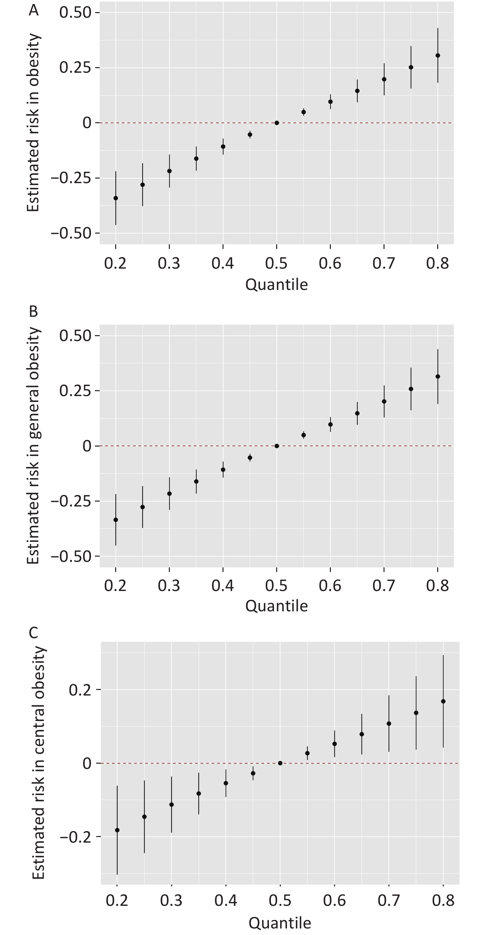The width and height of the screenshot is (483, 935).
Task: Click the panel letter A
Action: coord(33,10)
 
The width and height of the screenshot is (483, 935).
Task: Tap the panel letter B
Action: coord(33,312)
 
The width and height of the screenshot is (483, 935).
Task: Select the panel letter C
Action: coord(33,633)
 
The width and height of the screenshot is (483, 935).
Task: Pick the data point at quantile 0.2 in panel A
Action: coord(116,198)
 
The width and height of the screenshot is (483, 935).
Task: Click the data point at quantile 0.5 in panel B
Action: coord(277,446)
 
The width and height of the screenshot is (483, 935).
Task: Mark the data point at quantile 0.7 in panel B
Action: coord(384,401)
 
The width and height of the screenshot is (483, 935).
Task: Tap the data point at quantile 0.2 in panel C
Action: coord(117,830)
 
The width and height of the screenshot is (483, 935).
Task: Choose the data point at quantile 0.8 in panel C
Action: coord(443,701)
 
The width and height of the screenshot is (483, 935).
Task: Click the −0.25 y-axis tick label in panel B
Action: coord(71,501)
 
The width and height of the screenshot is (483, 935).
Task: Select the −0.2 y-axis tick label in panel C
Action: coord(75,837)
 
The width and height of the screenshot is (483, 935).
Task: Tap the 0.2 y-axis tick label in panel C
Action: coord(80,690)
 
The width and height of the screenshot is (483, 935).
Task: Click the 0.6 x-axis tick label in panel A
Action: coord(330,263)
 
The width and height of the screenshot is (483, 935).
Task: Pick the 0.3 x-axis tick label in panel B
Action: coord(169,585)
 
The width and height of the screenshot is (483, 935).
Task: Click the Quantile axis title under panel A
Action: coord(276,284)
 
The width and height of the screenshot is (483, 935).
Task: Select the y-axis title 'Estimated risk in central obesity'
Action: coord(38,762)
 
